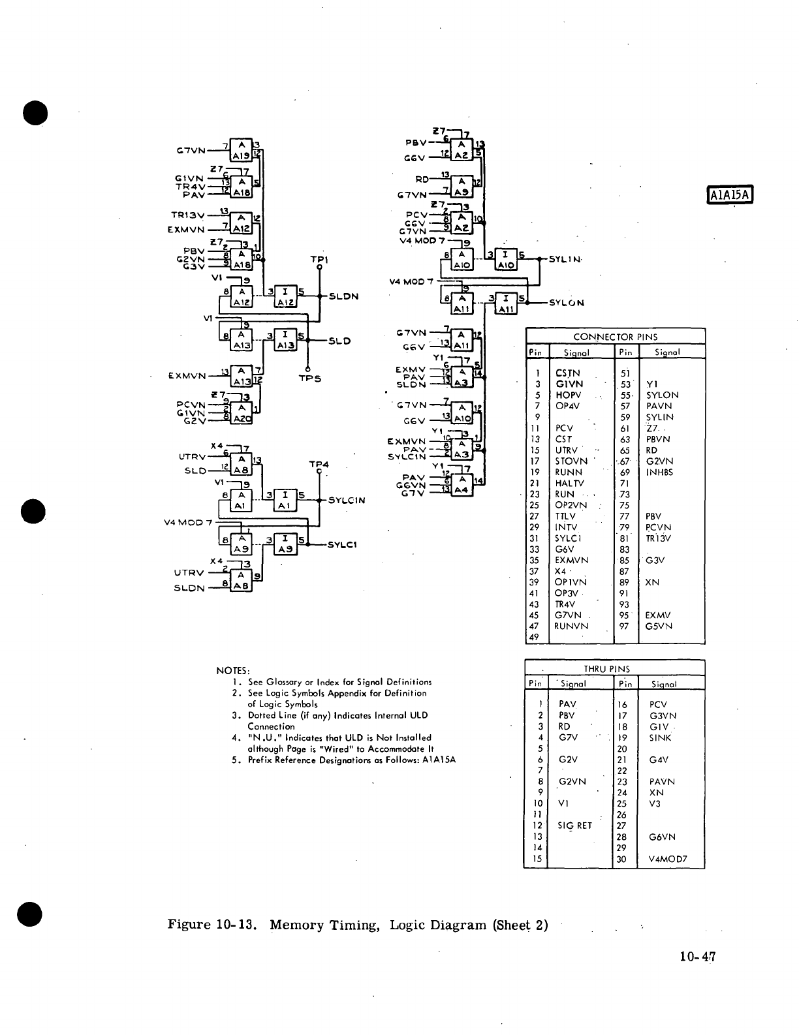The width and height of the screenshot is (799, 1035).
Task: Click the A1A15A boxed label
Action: pos(731,194)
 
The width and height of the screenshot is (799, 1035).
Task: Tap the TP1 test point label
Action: pos(319,259)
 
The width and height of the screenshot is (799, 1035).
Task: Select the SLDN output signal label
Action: pos(344,296)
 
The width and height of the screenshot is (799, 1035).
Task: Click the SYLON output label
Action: pos(567,303)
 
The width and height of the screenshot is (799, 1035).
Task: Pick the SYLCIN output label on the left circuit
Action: pos(347,501)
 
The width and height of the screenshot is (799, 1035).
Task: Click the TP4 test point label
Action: pos(319,465)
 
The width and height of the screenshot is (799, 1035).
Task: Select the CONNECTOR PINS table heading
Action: pos(615,337)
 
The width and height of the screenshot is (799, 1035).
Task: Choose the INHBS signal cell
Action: pos(659,472)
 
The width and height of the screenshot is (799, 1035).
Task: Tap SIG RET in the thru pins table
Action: pos(574,826)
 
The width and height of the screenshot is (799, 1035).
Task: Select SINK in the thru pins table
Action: pos(660,738)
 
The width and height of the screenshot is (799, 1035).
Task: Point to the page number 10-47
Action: pos(697,957)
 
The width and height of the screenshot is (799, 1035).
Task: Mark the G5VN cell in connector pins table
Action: pos(659,626)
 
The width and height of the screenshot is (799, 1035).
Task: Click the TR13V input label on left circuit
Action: pos(187,215)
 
